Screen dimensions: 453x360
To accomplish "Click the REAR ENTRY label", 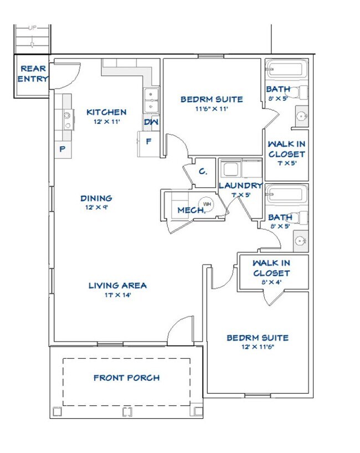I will [33, 74].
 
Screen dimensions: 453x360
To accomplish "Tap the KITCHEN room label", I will [106, 112].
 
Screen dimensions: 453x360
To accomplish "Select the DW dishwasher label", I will [150, 122].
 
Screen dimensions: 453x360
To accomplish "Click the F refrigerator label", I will [148, 141].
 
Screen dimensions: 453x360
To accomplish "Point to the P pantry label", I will [63, 148].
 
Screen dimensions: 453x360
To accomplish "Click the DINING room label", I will [96, 198].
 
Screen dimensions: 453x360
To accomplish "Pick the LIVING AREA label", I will [117, 285].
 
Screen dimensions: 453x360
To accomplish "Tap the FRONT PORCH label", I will [126, 378].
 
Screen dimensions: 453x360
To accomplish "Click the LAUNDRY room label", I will [240, 186].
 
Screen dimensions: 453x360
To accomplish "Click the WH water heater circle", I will [207, 204].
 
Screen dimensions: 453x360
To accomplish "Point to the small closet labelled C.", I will [203, 172].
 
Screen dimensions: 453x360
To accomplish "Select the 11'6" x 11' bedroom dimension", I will [212, 109].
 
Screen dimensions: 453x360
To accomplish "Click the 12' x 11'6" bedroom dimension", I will [257, 347].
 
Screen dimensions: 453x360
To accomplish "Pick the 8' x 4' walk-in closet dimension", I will [271, 282].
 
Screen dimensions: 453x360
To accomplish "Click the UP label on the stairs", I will [33, 28].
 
